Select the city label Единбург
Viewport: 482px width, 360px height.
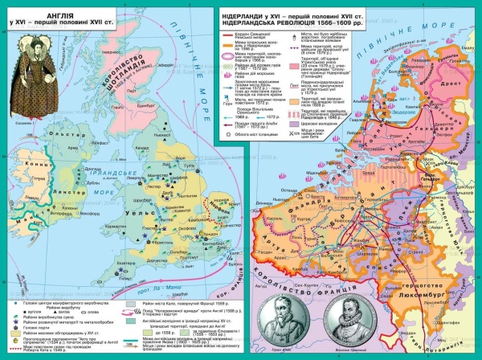coord(153,104)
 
